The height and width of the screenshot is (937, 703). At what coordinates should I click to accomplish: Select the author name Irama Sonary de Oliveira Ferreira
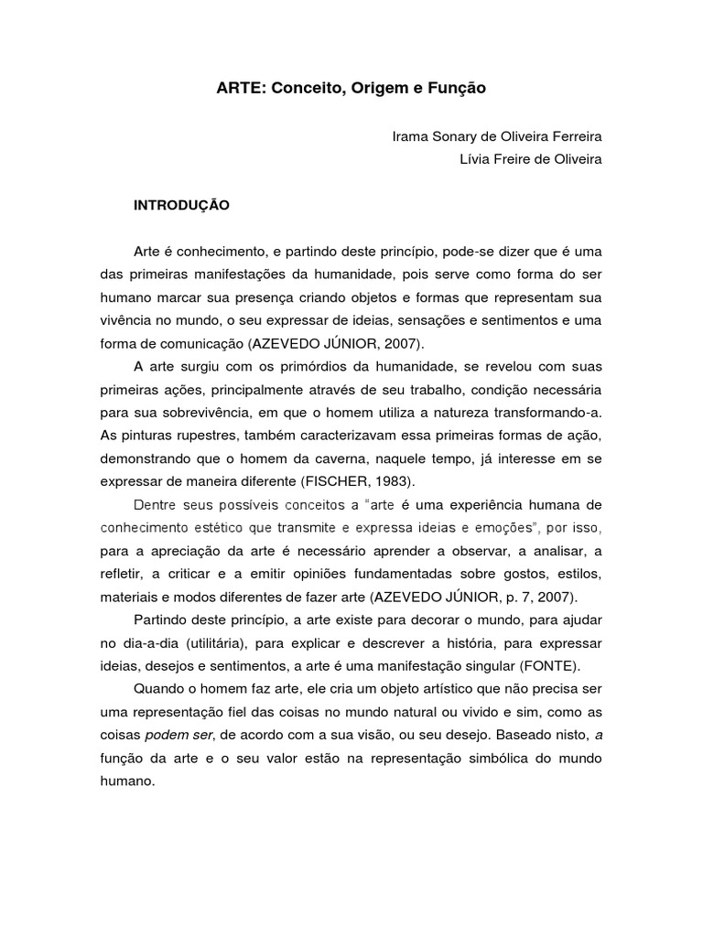tap(497, 136)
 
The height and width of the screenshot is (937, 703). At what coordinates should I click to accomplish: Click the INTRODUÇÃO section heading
tap(181, 206)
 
